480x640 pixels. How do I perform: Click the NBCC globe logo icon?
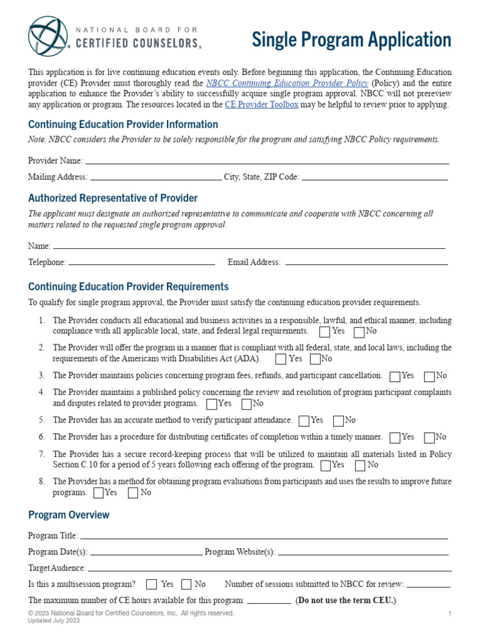point(47,37)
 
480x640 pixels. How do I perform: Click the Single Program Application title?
point(351,40)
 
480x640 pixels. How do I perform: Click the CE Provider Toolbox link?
point(261,105)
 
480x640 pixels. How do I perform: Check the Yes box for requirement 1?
point(325,331)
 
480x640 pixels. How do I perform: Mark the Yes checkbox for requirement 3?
point(395,376)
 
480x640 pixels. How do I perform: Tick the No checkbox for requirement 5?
point(339,421)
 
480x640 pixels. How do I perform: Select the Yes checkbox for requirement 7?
point(326,466)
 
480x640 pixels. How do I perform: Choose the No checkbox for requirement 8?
point(133,493)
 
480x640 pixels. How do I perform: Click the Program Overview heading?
point(69,515)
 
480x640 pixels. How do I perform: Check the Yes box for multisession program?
point(151,585)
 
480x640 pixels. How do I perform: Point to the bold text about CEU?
point(346,601)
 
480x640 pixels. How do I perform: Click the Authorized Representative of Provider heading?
point(112,198)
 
